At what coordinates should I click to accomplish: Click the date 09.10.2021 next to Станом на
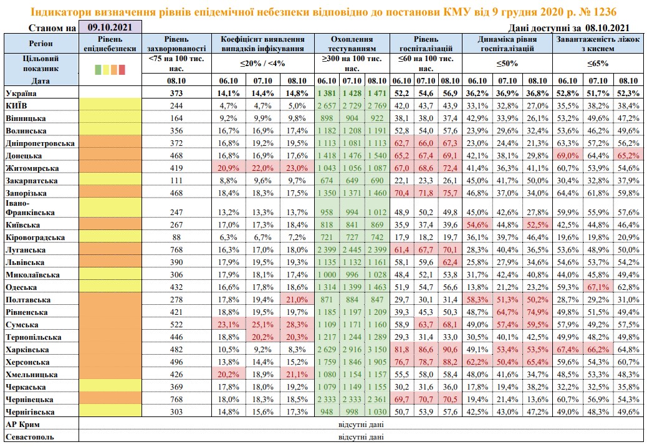tap(110, 27)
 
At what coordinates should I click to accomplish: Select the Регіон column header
tap(41, 44)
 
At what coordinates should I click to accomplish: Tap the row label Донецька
tap(24, 156)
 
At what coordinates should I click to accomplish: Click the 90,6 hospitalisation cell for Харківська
tap(449, 349)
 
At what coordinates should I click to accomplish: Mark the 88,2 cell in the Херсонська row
tap(449, 362)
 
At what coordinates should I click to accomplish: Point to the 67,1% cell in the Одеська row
tap(598, 287)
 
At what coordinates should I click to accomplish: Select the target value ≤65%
tap(598, 63)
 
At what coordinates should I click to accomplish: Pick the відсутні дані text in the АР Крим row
tap(360, 425)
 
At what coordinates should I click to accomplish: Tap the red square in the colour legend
tap(122, 69)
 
